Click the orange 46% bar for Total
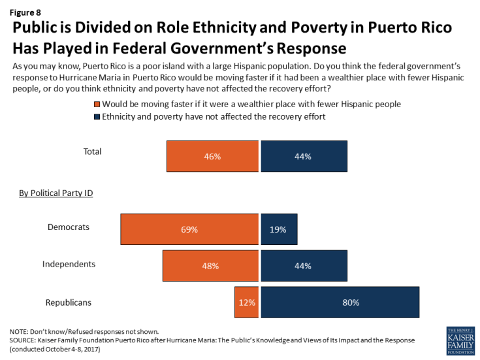point(212,156)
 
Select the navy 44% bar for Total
point(304,156)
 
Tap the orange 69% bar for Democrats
point(189,230)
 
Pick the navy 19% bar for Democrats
point(279,230)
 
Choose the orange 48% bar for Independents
point(210,266)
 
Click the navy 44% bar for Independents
point(304,266)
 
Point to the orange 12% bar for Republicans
point(246,303)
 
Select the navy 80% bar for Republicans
point(340,303)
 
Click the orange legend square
point(98,104)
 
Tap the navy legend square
point(98,116)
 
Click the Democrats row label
point(68,227)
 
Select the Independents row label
point(69,264)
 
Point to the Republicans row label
point(69,302)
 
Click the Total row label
point(92,152)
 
